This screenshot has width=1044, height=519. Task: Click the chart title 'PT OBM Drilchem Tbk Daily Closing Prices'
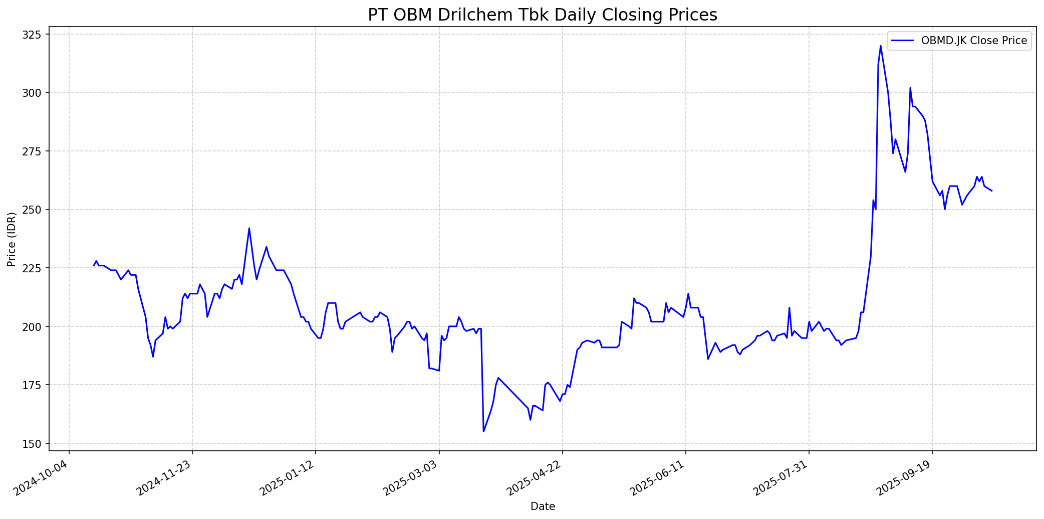tap(543, 15)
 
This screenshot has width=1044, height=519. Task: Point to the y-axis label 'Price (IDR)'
tap(12, 239)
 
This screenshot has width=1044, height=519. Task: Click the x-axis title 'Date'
tap(543, 506)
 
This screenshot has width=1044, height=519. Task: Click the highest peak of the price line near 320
tap(880, 46)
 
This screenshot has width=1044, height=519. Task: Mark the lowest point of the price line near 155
tap(483, 431)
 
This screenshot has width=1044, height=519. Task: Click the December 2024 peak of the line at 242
tap(249, 228)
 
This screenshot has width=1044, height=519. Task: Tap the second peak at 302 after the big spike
tap(910, 88)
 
